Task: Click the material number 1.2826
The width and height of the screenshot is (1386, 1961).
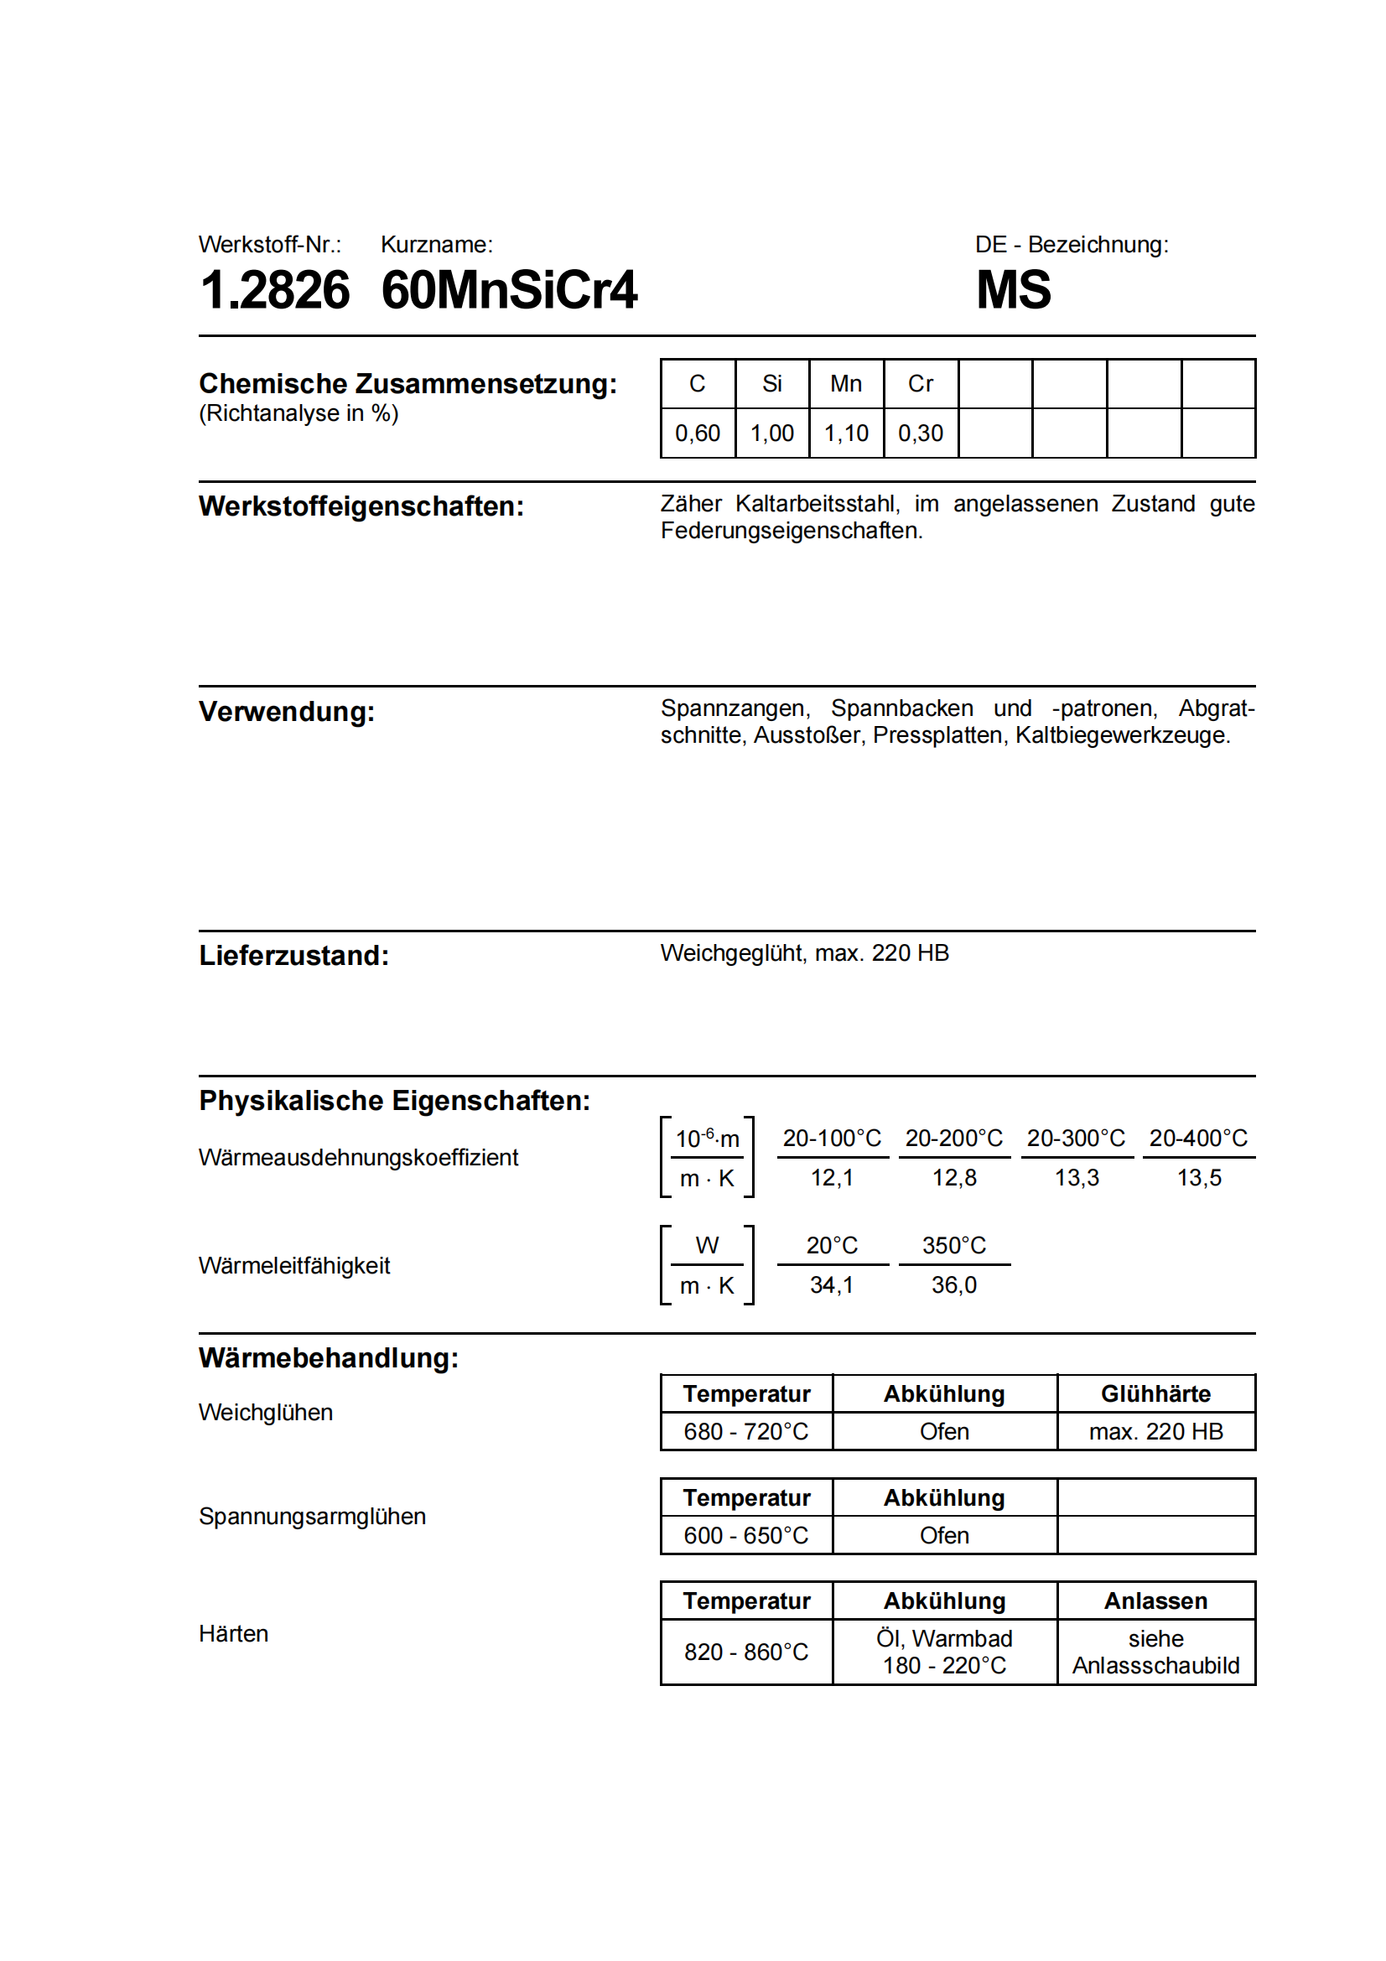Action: (274, 290)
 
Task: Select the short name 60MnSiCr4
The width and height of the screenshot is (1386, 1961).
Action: (509, 290)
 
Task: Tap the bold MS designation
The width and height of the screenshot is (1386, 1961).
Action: (1013, 290)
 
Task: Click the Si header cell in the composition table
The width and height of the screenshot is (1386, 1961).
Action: (772, 384)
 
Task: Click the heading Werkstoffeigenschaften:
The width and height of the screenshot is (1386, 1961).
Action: (361, 506)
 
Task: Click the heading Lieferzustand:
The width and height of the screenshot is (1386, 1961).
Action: (293, 956)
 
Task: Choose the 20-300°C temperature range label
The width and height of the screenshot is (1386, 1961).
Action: (1076, 1139)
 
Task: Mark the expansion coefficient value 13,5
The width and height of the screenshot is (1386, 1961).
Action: (1199, 1179)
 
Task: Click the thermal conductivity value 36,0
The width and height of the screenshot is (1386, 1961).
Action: (954, 1285)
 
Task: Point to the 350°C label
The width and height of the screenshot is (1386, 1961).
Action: (954, 1246)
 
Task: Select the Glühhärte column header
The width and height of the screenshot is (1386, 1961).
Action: (1155, 1394)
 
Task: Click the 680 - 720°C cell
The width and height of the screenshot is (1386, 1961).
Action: (746, 1431)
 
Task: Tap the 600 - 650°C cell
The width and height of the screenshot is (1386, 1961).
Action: (746, 1536)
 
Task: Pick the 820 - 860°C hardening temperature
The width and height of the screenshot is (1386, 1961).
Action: (746, 1652)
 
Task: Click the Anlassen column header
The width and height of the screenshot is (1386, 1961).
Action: (1155, 1601)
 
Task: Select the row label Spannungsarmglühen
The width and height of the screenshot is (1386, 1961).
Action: (313, 1517)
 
